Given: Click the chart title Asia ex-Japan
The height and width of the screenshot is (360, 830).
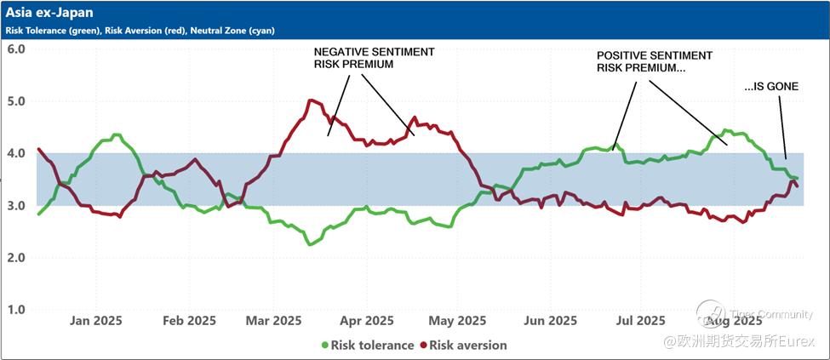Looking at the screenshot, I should pos(49,13).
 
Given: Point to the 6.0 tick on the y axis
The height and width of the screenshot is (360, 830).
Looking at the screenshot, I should pos(16,49).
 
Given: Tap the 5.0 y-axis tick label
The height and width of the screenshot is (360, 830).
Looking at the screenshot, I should pos(16,101).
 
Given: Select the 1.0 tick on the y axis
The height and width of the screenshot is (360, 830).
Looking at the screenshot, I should pos(16,310).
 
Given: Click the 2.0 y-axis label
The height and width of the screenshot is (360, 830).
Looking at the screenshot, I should pos(16,258).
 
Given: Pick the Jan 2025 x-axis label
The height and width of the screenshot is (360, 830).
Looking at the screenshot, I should pos(95,321).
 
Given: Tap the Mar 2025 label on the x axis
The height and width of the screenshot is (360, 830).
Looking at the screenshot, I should pos(274,321).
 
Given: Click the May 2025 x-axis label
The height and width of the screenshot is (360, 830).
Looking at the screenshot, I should pos(457,321).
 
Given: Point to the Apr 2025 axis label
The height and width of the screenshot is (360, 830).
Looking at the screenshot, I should pos(365,321).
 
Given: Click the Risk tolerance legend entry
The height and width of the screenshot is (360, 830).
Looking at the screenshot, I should pos(367,346).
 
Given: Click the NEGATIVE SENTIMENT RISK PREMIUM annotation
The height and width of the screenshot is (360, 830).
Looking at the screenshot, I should pos(374,58).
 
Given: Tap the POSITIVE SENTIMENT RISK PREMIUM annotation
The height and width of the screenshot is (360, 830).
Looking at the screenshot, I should pos(654,61).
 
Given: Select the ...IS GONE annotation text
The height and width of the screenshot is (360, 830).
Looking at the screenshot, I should pos(770,87).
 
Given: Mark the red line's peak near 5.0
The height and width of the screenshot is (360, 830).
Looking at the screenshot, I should pos(311,100).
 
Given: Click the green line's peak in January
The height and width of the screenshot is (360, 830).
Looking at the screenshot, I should pos(117,134).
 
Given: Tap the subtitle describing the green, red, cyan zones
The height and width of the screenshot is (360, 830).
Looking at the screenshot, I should pos(140,31).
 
